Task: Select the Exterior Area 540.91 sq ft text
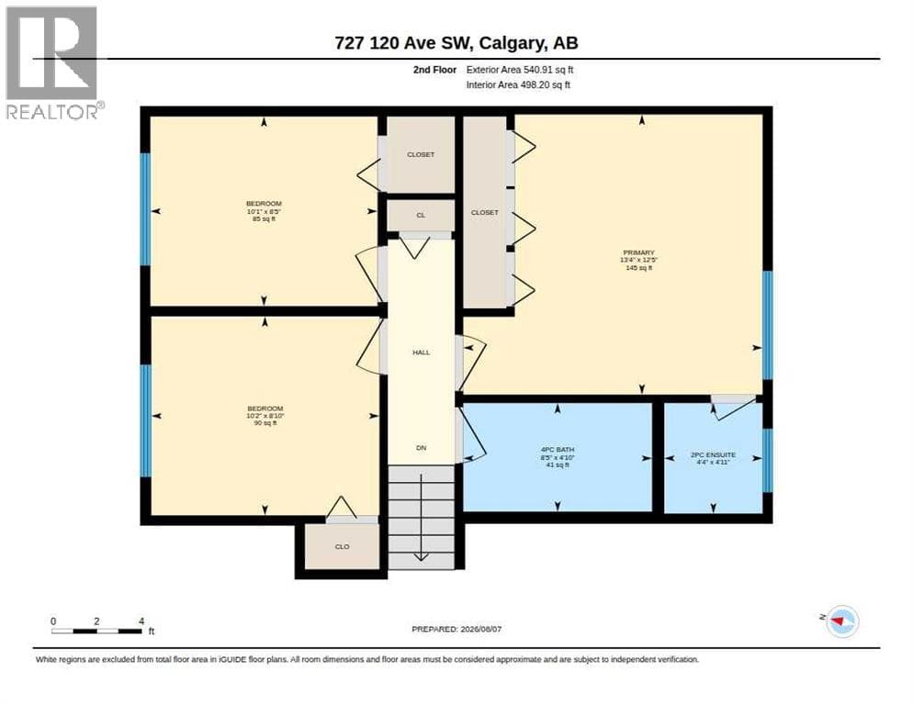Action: coord(519,70)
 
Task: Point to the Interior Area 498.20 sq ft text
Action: coord(518,85)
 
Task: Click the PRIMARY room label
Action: coord(638,252)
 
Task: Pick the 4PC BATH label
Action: coord(558,450)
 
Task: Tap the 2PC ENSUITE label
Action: coord(714,454)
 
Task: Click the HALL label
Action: coord(421,352)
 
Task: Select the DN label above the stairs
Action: coord(421,448)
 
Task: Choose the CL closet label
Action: coord(421,216)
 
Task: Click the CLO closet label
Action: coord(343,547)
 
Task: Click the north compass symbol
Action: coord(842,621)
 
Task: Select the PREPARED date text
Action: coord(456,630)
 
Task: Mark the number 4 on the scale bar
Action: coord(141,621)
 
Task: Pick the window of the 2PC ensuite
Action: coord(768,460)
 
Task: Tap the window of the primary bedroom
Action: coord(768,326)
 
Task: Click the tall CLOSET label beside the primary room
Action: coord(484,213)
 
